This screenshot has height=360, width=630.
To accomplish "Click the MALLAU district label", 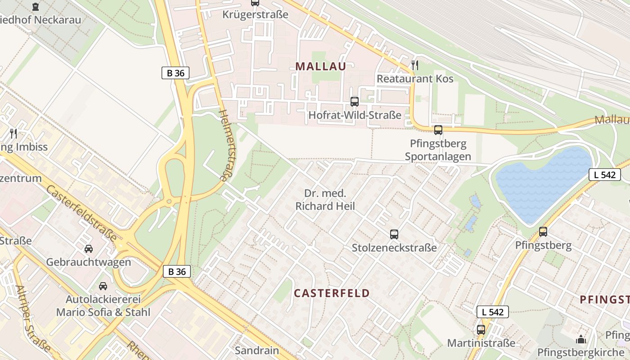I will tap(321, 67).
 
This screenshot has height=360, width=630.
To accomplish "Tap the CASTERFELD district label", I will tap(332, 293).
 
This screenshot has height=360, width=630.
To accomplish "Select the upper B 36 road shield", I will tap(175, 73).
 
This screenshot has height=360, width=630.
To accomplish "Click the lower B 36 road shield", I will tap(177, 271).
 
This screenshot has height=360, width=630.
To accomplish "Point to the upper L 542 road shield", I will tap(604, 175).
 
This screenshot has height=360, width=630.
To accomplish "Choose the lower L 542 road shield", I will tap(493, 311).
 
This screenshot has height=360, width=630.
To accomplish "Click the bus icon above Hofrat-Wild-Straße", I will tap(355, 102).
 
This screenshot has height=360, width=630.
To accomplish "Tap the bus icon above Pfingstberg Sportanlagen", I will tap(438, 130).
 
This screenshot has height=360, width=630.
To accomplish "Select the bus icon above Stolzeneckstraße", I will tap(394, 234).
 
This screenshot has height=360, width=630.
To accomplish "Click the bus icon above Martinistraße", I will tap(481, 329).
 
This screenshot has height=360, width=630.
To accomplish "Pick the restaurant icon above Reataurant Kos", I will tap(415, 65).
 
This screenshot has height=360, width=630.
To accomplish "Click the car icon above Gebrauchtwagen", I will tap(89, 248).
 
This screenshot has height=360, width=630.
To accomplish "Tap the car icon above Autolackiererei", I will tap(103, 286).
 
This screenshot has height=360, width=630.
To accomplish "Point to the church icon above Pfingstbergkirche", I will tap(581, 339).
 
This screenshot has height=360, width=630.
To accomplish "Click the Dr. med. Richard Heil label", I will tap(325, 200).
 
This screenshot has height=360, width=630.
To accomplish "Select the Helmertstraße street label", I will tap(229, 145).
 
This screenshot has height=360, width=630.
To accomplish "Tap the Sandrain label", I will tap(257, 350).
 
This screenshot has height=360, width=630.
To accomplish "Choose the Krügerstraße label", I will tap(255, 14).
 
